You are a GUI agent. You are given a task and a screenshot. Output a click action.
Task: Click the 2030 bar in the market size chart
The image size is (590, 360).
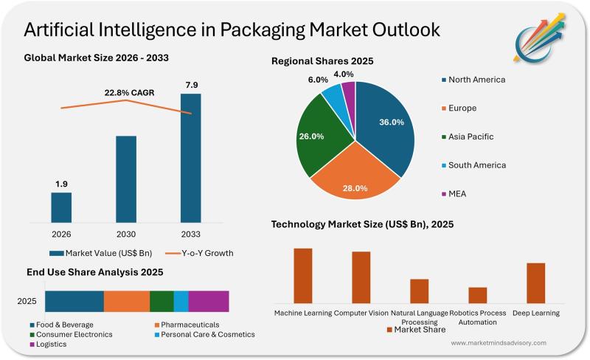click(x=126, y=179)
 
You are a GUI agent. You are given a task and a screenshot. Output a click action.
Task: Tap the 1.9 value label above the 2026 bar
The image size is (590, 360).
click(x=61, y=183)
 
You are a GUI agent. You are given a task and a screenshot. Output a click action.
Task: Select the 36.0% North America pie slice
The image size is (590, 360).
click(x=383, y=125)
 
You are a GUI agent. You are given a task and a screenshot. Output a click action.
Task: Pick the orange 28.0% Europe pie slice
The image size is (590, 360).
click(x=355, y=177)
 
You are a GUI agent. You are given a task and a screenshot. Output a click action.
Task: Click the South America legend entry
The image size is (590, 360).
click(x=476, y=165)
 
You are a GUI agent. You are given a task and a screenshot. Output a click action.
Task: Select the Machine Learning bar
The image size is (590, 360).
click(x=303, y=275)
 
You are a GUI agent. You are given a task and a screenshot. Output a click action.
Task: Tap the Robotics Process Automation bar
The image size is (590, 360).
click(x=478, y=295)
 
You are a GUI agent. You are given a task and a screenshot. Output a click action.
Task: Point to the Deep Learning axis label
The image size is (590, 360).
click(x=535, y=314)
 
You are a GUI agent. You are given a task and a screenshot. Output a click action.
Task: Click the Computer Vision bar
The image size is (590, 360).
click(x=361, y=277)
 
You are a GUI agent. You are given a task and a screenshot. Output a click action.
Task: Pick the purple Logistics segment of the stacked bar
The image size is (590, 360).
click(x=209, y=301)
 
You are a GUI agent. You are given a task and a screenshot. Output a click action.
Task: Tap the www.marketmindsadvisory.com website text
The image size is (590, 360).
click(x=499, y=343)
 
